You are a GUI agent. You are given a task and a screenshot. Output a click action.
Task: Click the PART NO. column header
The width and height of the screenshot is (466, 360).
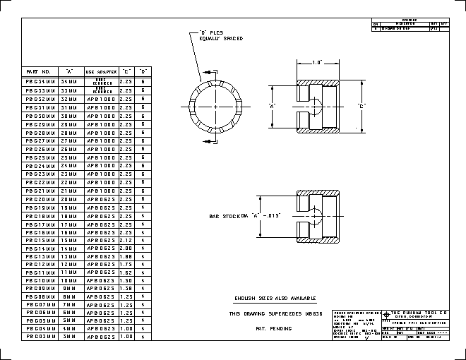pos(38,71)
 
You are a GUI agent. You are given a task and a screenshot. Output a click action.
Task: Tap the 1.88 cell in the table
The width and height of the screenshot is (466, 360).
pos(126,256)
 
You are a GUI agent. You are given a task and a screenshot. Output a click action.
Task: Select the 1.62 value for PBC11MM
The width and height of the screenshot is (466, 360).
pos(126,272)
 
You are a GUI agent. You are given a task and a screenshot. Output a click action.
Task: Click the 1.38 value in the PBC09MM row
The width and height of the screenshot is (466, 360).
pos(126,289)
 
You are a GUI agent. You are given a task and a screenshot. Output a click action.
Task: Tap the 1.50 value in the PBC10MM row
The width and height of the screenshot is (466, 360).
pos(126,280)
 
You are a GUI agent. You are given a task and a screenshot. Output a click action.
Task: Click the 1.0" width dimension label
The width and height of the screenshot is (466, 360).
pos(317,63)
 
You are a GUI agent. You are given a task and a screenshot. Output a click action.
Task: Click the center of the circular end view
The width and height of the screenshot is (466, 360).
pos(213,107)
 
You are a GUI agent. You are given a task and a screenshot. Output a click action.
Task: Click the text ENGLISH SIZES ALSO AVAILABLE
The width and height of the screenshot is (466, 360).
pos(275,299)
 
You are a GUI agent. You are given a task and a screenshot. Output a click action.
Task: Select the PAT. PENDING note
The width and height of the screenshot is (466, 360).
pos(275,329)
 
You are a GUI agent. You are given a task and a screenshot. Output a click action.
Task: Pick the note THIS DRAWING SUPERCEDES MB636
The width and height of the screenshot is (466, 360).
pos(275,313)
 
